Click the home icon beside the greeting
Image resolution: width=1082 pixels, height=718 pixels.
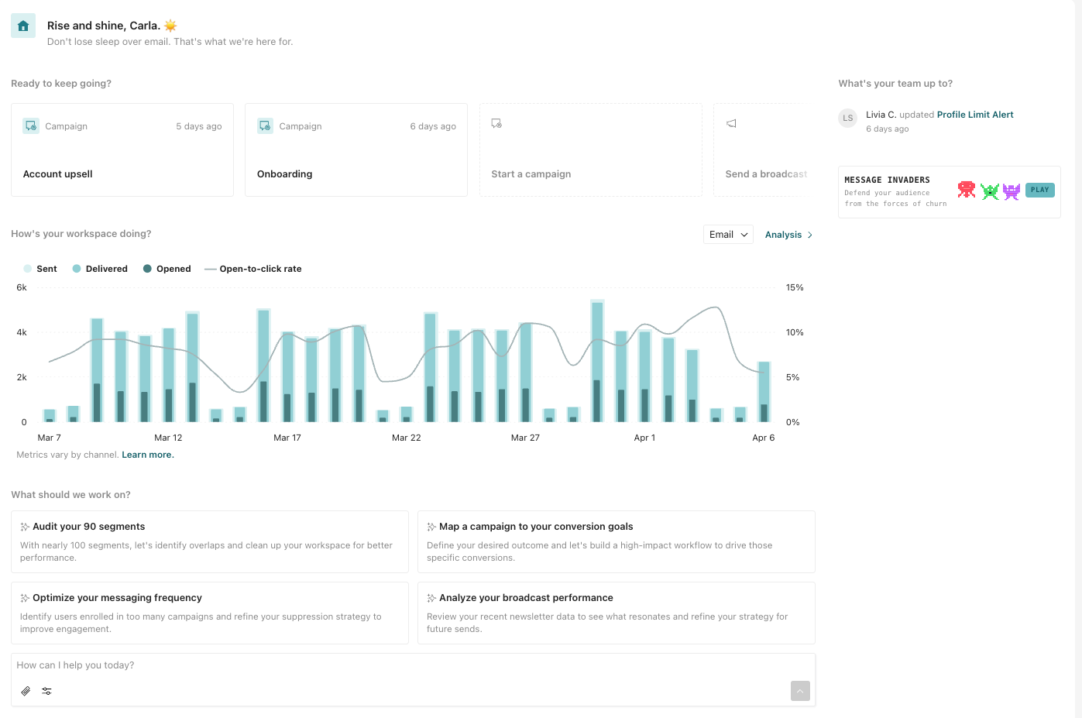[x=23, y=26]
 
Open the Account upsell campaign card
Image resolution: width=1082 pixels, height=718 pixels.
[x=122, y=150]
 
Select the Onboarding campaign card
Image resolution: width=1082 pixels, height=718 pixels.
[x=356, y=150]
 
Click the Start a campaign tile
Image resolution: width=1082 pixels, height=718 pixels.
[x=590, y=150]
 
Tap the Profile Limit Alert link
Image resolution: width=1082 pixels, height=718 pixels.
[x=974, y=115]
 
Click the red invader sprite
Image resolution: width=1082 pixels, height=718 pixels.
[x=966, y=190]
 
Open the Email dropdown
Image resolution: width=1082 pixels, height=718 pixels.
[x=728, y=235]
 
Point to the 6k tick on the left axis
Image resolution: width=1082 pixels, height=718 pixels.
[x=22, y=287]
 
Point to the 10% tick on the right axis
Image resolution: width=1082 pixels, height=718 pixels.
[x=794, y=332]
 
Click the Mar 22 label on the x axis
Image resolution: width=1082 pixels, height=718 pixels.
[x=406, y=438]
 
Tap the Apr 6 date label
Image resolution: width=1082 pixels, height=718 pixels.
[x=763, y=438]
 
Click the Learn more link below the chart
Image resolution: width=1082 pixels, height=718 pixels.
[x=147, y=455]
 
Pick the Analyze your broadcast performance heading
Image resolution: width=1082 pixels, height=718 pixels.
[x=526, y=598]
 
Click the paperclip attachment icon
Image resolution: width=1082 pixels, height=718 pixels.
[x=26, y=691]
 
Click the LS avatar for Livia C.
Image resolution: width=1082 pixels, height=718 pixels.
[x=848, y=119]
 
